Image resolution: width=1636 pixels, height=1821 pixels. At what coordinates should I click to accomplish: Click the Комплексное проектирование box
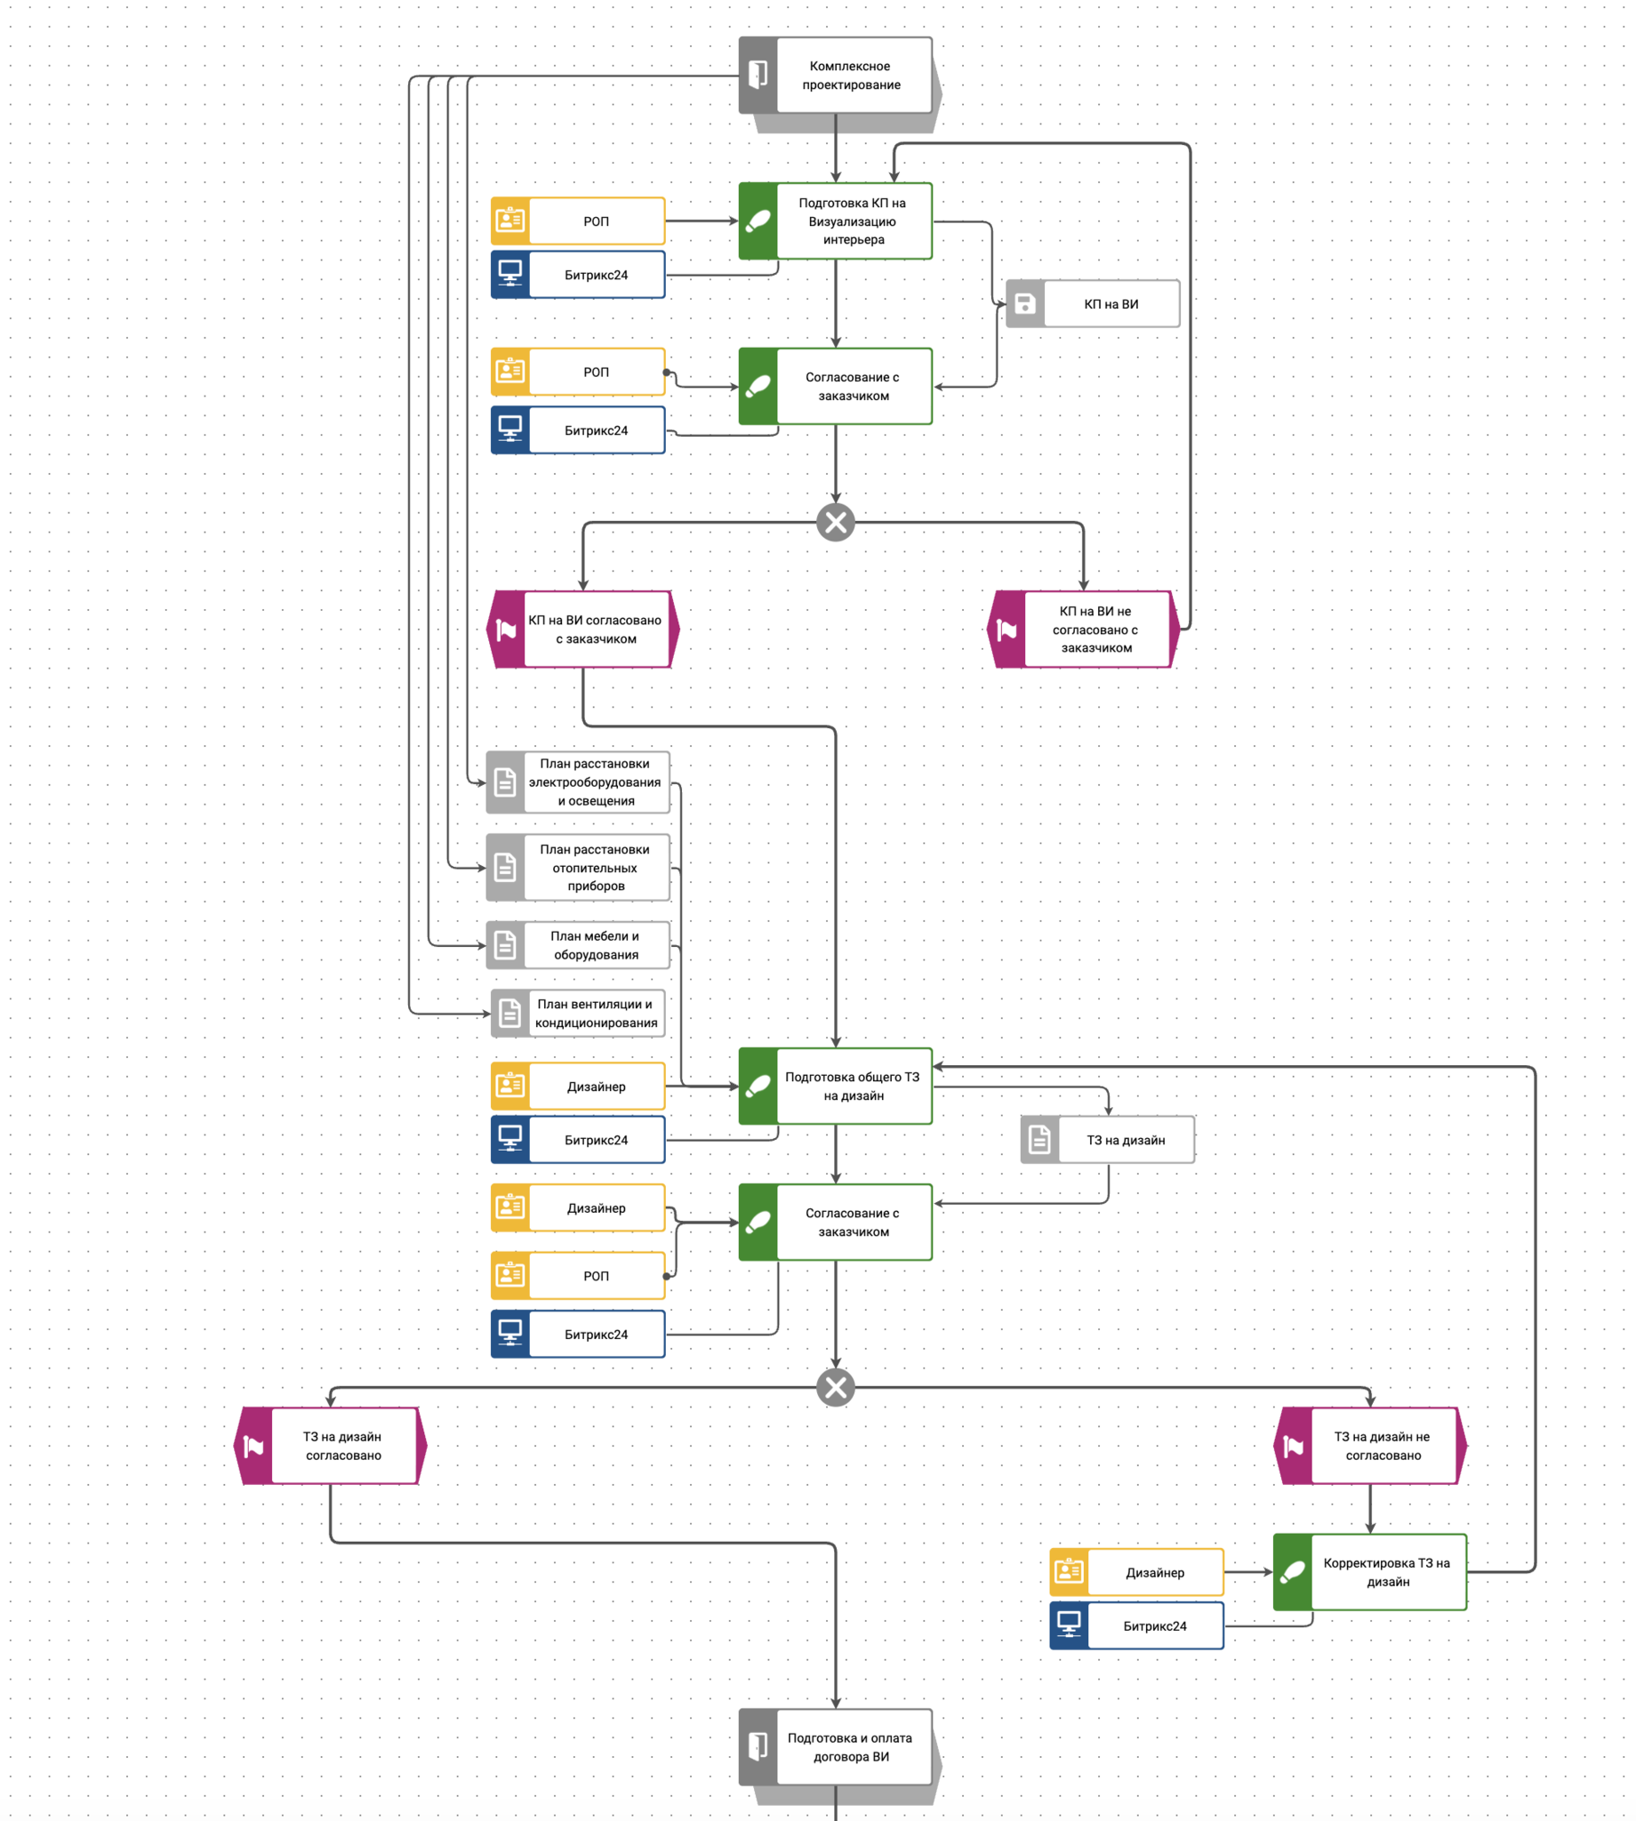(x=850, y=76)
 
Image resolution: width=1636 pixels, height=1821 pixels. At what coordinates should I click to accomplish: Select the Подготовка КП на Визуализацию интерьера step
(x=851, y=221)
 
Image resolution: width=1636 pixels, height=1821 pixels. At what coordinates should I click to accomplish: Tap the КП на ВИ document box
(x=1111, y=304)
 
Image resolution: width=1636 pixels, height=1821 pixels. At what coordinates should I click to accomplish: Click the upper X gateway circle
(x=835, y=522)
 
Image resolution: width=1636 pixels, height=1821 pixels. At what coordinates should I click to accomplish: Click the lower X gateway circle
(x=835, y=1387)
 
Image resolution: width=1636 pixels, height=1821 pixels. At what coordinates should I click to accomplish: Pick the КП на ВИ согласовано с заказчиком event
(x=595, y=630)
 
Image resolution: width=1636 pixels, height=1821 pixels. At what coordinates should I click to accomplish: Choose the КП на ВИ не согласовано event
(x=1095, y=630)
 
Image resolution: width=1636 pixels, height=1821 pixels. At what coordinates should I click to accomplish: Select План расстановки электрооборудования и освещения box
(x=594, y=782)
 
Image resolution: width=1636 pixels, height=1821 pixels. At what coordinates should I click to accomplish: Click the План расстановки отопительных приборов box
(x=594, y=867)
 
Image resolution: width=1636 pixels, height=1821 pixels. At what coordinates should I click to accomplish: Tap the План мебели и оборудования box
(x=594, y=944)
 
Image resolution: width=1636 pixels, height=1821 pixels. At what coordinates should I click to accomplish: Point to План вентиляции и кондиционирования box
(x=595, y=1013)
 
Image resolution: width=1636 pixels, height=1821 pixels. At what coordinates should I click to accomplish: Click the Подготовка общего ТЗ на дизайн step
(x=851, y=1086)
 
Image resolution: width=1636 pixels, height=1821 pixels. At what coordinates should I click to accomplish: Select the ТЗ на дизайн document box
(x=1125, y=1140)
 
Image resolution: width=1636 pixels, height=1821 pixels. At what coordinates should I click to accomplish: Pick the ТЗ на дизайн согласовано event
(x=342, y=1445)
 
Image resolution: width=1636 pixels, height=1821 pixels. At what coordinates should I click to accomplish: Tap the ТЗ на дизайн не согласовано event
(x=1383, y=1445)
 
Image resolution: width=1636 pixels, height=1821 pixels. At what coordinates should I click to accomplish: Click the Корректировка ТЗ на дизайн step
(x=1386, y=1572)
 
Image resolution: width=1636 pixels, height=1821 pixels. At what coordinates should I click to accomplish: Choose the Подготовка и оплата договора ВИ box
(x=850, y=1747)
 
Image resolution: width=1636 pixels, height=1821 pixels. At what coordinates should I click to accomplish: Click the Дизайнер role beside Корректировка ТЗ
(x=1154, y=1572)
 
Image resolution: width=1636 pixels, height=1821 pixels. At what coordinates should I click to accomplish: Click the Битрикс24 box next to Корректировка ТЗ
(x=1154, y=1625)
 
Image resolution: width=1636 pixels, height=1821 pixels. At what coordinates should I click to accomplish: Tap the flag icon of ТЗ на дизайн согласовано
(x=253, y=1446)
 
